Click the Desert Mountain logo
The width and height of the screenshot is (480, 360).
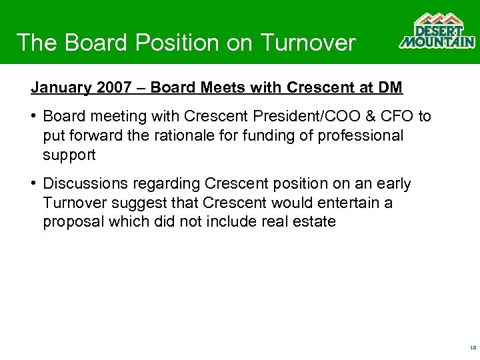point(437,31)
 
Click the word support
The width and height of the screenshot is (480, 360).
point(69,155)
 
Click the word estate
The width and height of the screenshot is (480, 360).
point(313,222)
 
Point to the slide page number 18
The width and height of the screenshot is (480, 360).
point(473,348)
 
